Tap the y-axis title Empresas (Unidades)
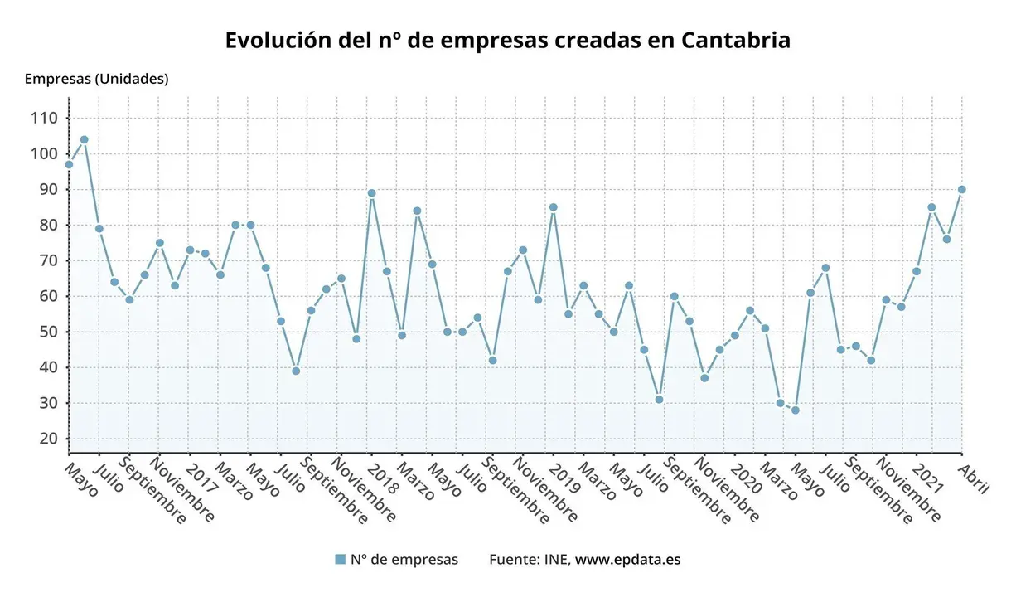[x=96, y=80]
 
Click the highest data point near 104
[x=84, y=139]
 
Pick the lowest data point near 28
[x=795, y=410]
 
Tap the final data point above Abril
[x=961, y=189]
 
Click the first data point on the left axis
[x=69, y=164]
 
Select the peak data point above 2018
[x=371, y=193]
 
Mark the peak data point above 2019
[x=553, y=207]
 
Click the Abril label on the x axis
[x=973, y=478]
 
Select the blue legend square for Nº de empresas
[x=340, y=560]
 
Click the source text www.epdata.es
[x=627, y=560]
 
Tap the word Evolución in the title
[x=271, y=41]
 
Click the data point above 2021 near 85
[x=931, y=207]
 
